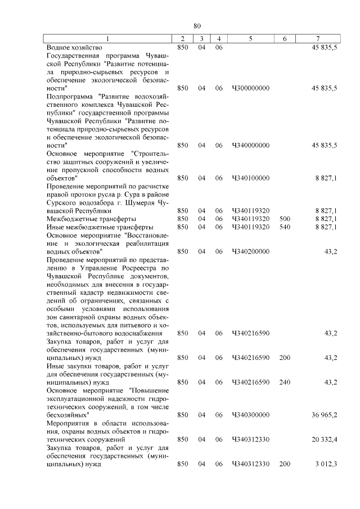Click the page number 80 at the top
197,26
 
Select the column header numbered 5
250,39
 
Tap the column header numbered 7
318,39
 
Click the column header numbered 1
109,39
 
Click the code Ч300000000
250,88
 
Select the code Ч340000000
250,145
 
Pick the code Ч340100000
250,178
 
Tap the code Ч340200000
250,251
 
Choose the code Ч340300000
250,415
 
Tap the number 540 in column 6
285,227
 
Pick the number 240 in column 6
285,382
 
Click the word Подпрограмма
70,97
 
